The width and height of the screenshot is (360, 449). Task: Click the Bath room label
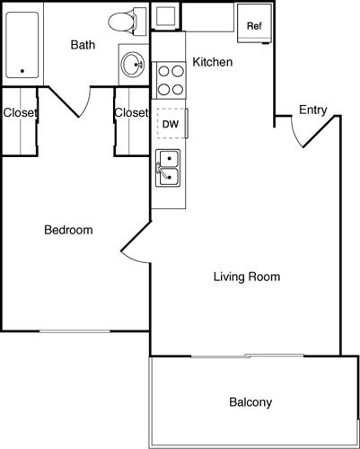pyautogui.click(x=83, y=43)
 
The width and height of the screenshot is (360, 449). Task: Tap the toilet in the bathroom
pyautogui.click(x=127, y=20)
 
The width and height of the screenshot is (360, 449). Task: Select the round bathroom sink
pyautogui.click(x=133, y=64)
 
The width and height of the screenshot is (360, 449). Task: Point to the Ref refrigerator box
pyautogui.click(x=254, y=26)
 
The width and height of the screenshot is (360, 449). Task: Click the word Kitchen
pyautogui.click(x=213, y=63)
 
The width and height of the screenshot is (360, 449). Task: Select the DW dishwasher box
pyautogui.click(x=169, y=124)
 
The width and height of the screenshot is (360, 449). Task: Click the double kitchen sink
pyautogui.click(x=168, y=168)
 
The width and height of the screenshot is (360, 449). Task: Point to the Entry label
pyautogui.click(x=312, y=110)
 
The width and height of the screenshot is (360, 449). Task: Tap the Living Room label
pyautogui.click(x=247, y=277)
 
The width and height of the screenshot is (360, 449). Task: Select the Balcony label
pyautogui.click(x=250, y=402)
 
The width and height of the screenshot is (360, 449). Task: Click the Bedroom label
pyautogui.click(x=68, y=230)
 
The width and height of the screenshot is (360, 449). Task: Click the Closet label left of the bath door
pyautogui.click(x=19, y=113)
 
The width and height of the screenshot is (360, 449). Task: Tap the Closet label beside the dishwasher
pyautogui.click(x=131, y=113)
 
